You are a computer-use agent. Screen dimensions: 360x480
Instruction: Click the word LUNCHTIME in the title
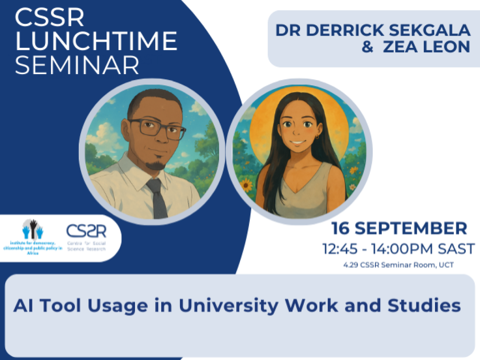point(96,42)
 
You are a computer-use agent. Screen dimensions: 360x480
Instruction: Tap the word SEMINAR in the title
point(77,65)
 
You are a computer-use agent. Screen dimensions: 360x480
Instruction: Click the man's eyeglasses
point(157,127)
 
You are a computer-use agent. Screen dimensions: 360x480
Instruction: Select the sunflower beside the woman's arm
point(246,185)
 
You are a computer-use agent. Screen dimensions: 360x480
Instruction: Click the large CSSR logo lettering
point(86,231)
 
